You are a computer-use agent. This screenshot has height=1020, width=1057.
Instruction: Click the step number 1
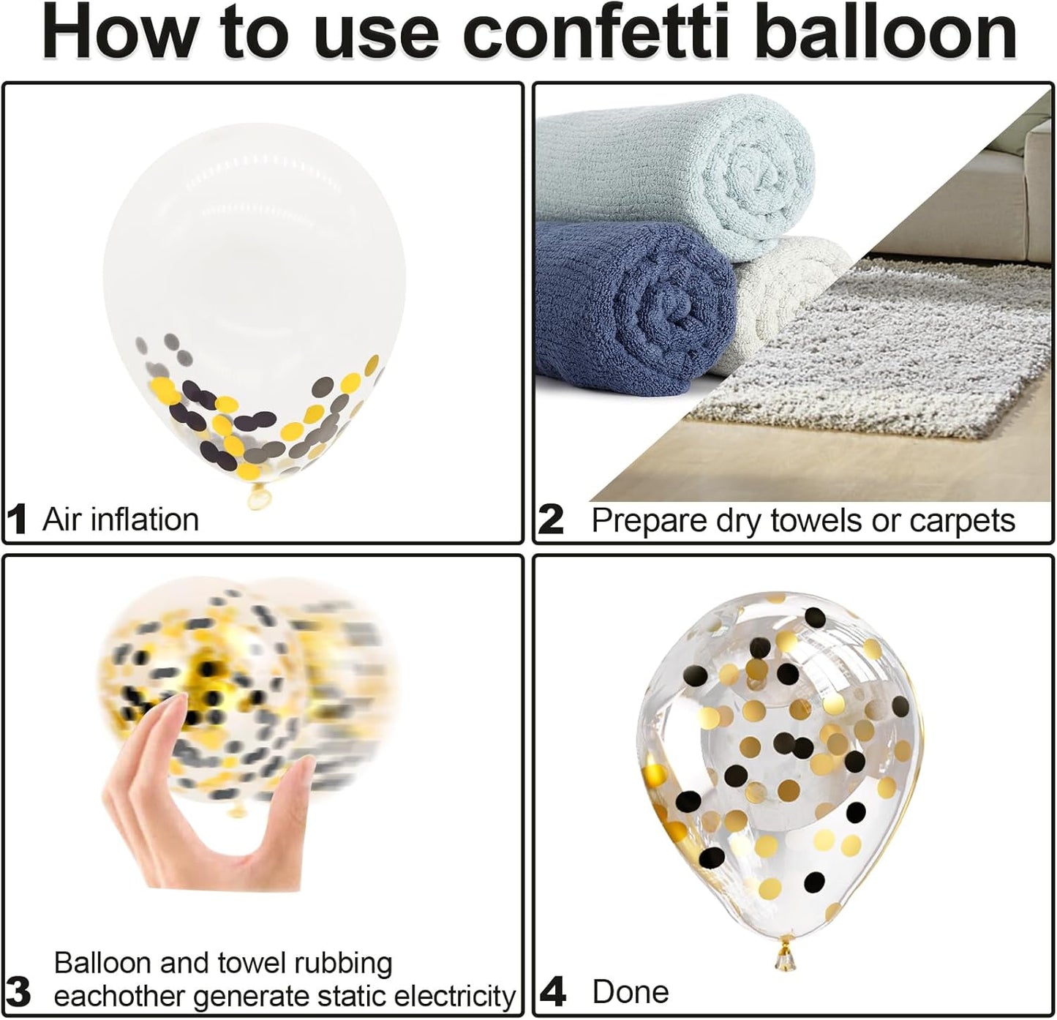18,520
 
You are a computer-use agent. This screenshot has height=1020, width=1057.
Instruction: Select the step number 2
551,520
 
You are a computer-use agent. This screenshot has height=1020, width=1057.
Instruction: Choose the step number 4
554,991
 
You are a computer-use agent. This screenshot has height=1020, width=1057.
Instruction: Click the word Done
630,991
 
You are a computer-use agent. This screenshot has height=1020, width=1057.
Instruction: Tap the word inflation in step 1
145,520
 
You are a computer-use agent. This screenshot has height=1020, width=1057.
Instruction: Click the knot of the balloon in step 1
258,497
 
